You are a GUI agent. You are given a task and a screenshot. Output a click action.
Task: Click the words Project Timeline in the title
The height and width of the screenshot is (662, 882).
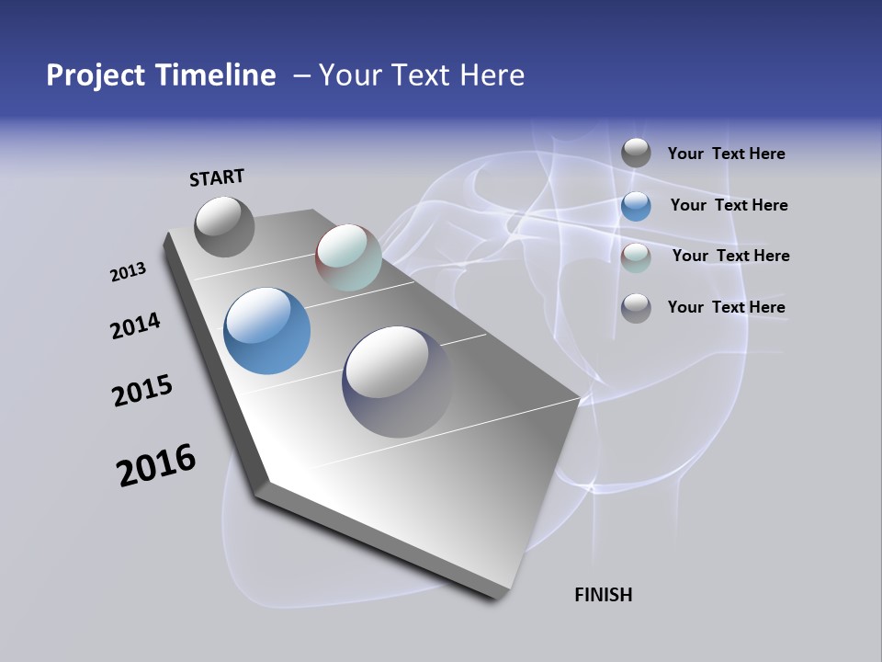click(x=161, y=75)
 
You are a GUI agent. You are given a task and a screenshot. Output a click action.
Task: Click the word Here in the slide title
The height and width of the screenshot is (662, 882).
click(x=492, y=75)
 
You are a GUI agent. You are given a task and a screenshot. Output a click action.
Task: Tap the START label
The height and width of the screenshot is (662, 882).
click(x=217, y=177)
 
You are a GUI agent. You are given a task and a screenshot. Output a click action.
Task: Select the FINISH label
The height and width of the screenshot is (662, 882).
click(x=603, y=595)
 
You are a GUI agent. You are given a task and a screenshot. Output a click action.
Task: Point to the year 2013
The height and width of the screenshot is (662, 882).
click(x=128, y=272)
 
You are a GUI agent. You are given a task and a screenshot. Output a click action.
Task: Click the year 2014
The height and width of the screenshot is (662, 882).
click(x=135, y=325)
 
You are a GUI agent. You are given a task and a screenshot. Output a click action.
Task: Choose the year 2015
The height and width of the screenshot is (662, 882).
click(x=142, y=391)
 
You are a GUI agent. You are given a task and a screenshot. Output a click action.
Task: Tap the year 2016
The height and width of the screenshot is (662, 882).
click(x=156, y=464)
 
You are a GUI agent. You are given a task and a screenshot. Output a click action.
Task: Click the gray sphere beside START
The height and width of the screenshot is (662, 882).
click(x=224, y=226)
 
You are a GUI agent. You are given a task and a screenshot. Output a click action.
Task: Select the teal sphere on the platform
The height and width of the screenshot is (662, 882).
click(x=348, y=257)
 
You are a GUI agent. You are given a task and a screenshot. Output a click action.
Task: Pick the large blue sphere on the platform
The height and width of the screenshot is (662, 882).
click(x=266, y=331)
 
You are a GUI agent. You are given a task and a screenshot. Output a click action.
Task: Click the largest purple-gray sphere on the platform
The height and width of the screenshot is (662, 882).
click(x=397, y=381)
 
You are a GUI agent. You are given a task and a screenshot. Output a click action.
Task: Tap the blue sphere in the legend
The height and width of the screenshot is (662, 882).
click(x=636, y=206)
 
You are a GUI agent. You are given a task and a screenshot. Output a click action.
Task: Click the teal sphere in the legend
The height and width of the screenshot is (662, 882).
click(x=636, y=257)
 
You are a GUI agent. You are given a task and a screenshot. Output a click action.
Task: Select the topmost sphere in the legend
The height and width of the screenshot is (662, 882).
click(x=636, y=154)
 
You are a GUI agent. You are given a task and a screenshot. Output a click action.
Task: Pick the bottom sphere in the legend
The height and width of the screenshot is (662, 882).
click(x=636, y=308)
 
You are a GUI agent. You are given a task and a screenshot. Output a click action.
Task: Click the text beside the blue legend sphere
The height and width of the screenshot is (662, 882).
click(x=729, y=205)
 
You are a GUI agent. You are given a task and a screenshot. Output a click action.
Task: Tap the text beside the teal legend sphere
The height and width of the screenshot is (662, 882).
click(x=730, y=256)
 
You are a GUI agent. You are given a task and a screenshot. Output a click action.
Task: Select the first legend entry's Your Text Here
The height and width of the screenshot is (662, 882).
click(x=726, y=154)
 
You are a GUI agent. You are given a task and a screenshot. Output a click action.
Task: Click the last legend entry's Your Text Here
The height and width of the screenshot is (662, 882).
click(x=726, y=307)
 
